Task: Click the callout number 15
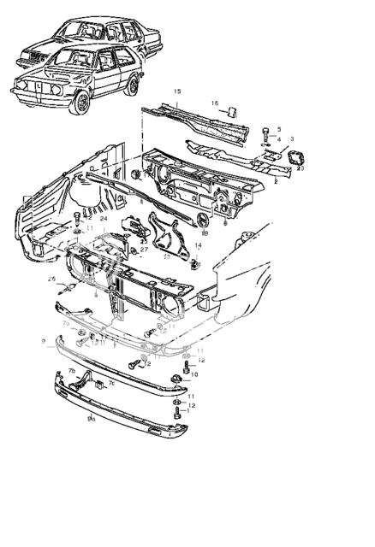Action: (x=177, y=91)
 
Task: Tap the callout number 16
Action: (x=215, y=103)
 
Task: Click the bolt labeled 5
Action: (x=266, y=131)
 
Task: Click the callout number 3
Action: (x=292, y=138)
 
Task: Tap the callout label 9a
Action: (x=91, y=419)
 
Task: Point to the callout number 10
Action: (x=194, y=374)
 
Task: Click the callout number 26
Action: (x=51, y=279)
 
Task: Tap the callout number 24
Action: (x=103, y=219)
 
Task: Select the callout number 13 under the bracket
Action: (x=165, y=256)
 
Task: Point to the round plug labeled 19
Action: (x=204, y=221)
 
